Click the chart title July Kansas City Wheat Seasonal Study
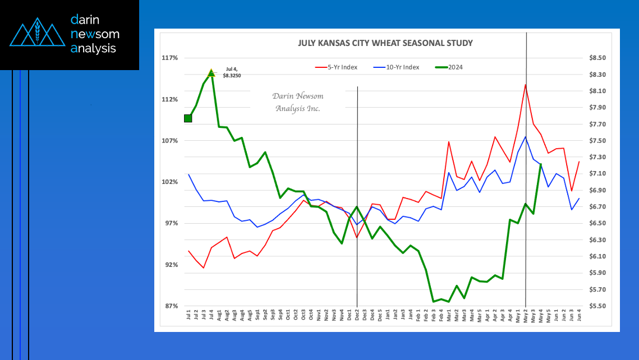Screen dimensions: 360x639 point(385,43)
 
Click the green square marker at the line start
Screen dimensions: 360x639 point(188,118)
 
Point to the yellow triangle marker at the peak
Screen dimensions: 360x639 point(212,73)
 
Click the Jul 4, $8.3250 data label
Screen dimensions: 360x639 point(231,72)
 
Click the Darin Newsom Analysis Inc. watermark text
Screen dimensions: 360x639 point(298,102)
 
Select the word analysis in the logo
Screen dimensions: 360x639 point(94,48)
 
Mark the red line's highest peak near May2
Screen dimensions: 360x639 point(525,85)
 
